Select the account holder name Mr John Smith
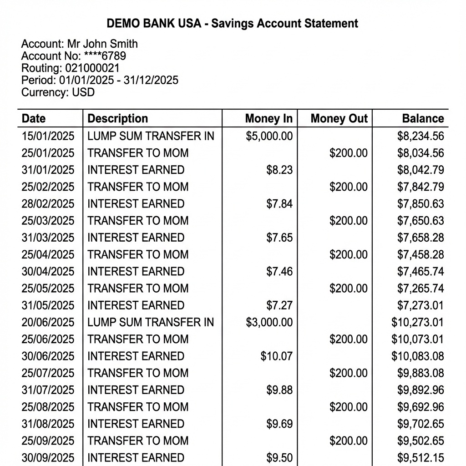[102, 44]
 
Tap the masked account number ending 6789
[105, 56]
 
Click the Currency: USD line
[58, 92]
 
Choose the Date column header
[34, 119]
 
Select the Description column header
[117, 119]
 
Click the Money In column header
[268, 119]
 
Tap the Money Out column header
[339, 119]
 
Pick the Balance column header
[422, 119]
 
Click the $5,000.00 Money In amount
[269, 136]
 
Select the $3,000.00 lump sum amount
[269, 323]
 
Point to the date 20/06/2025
[48, 323]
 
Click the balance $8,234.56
[420, 136]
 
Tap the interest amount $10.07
[276, 356]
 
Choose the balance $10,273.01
[417, 323]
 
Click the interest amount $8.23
[279, 170]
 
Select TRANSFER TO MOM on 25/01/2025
[137, 153]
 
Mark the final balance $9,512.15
[420, 457]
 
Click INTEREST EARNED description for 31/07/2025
[136, 390]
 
